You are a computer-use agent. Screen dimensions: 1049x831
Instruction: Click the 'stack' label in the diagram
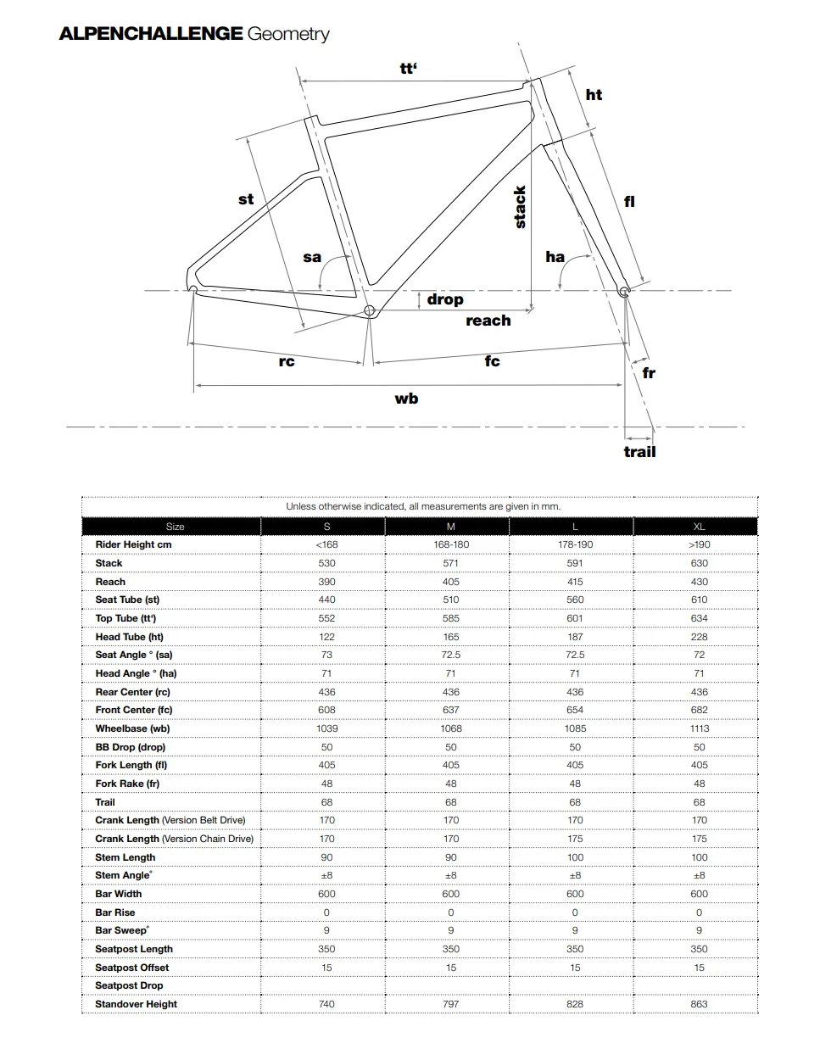pyautogui.click(x=520, y=208)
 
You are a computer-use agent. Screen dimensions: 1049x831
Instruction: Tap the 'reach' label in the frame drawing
pyautogui.click(x=488, y=321)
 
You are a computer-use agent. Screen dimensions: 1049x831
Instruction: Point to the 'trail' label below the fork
pyautogui.click(x=639, y=452)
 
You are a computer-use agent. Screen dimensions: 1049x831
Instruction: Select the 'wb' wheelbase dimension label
pyautogui.click(x=406, y=399)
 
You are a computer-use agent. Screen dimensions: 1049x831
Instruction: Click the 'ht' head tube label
pyautogui.click(x=594, y=95)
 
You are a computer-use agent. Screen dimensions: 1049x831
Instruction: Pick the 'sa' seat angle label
pyautogui.click(x=312, y=257)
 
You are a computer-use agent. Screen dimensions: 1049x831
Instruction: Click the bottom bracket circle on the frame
pyautogui.click(x=369, y=311)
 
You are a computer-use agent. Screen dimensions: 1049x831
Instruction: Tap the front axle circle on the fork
pyautogui.click(x=625, y=291)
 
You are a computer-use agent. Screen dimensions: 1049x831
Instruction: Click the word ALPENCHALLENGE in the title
pyautogui.click(x=151, y=34)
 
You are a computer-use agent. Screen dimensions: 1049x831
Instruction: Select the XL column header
pyautogui.click(x=699, y=527)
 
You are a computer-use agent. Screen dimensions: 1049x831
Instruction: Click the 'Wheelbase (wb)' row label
pyautogui.click(x=132, y=728)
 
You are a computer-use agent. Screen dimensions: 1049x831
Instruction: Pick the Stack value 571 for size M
pyautogui.click(x=451, y=563)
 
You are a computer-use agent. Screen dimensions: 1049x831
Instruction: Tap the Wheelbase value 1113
pyautogui.click(x=699, y=728)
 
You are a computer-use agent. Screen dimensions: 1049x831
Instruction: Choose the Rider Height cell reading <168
pyautogui.click(x=326, y=544)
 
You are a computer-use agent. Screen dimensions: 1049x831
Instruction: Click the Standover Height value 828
pyautogui.click(x=575, y=1004)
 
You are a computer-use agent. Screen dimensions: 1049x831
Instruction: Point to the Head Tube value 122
pyautogui.click(x=326, y=637)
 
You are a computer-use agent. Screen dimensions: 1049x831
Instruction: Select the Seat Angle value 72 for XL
pyautogui.click(x=699, y=655)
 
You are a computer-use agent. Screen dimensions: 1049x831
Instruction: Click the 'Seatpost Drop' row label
pyautogui.click(x=129, y=985)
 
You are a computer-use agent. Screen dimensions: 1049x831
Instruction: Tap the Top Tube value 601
pyautogui.click(x=575, y=618)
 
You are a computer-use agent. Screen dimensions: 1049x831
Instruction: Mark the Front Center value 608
pyautogui.click(x=326, y=710)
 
